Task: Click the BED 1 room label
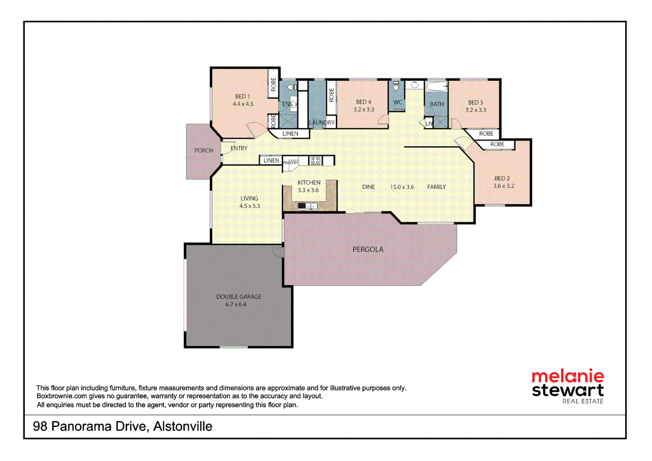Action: click(242, 96)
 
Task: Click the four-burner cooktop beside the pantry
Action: click(315, 161)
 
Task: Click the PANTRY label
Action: click(291, 163)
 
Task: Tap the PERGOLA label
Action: click(367, 249)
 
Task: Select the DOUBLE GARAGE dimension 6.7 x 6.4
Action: click(236, 304)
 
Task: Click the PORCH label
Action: click(204, 150)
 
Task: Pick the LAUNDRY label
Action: click(322, 123)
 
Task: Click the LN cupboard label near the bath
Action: click(429, 124)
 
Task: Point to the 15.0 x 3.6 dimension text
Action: click(402, 187)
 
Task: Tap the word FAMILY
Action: click(436, 187)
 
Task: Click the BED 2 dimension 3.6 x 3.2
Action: click(504, 186)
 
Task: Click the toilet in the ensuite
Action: click(292, 88)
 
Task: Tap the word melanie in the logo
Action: click(568, 376)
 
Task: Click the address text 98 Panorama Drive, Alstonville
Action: click(122, 426)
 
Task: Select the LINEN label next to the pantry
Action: click(271, 160)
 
